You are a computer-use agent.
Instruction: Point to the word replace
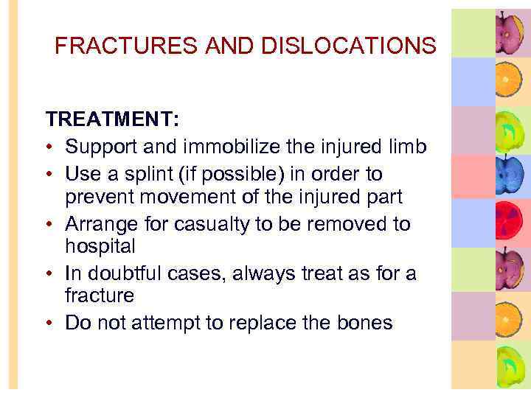point(268,322)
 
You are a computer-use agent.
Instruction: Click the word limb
point(408,147)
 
